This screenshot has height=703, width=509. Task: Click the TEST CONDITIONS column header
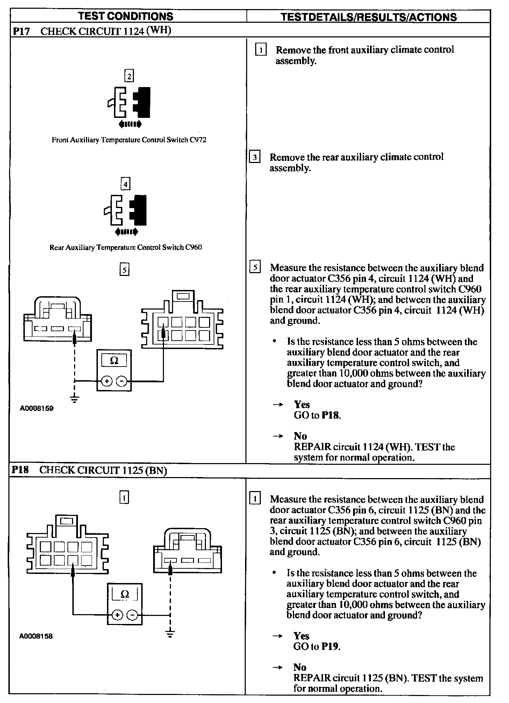pos(126,16)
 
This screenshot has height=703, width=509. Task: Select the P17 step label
pos(22,31)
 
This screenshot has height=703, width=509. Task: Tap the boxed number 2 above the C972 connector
pos(129,76)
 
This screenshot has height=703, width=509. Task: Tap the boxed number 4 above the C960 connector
pos(125,184)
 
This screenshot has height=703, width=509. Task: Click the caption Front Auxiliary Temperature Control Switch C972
pos(129,140)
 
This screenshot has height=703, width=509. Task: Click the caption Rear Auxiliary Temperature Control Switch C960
pos(126,248)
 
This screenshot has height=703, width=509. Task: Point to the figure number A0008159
pos(37,408)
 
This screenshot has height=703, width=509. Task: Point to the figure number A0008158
pos(36,636)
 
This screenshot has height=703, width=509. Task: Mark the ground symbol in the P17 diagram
pos(74,398)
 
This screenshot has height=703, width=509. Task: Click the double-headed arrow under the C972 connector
pos(130,123)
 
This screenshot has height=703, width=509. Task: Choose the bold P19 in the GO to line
pos(330,646)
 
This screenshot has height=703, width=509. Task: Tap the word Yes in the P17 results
pos(302,405)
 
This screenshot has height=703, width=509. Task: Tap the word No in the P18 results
pos(300,667)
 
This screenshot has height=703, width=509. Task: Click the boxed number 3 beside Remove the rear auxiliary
pos(255,158)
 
